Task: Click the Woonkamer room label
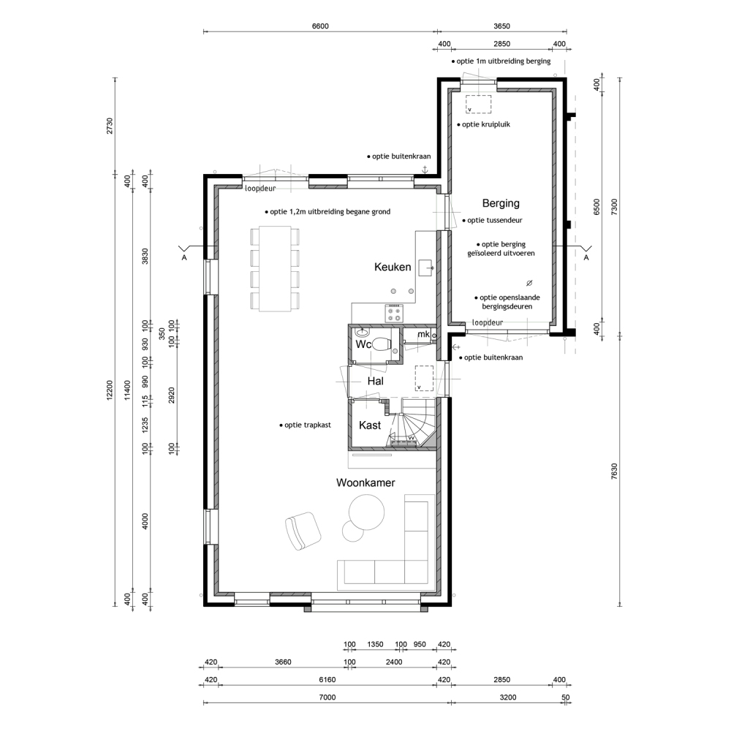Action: coord(365,482)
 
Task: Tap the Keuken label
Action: coord(393,267)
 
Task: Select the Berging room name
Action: coord(501,203)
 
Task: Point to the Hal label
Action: coord(375,381)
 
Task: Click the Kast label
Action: coord(370,425)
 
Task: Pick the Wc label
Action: coord(363,344)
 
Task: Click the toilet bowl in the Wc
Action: coord(382,344)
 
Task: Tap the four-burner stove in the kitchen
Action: coord(394,312)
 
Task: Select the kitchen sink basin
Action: coord(426,268)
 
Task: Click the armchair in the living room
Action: coord(303,531)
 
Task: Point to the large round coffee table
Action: coord(367,512)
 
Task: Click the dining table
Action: coord(275,269)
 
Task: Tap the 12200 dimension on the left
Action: coord(110,390)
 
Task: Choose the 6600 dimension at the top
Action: coord(320,26)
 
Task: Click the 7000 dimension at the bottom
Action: coord(327,697)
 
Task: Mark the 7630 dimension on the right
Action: coord(614,471)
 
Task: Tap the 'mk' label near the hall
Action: coord(423,334)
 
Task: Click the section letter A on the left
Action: coord(184,257)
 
